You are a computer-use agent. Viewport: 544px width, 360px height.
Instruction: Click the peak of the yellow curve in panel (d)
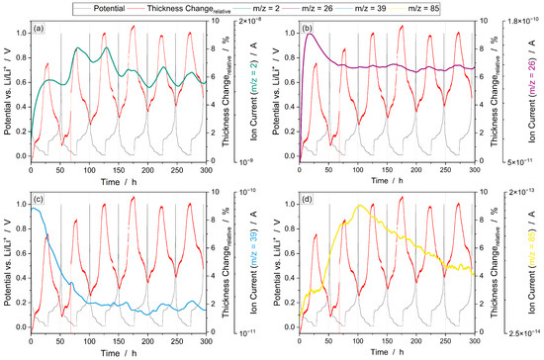pyautogui.click(x=361, y=206)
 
